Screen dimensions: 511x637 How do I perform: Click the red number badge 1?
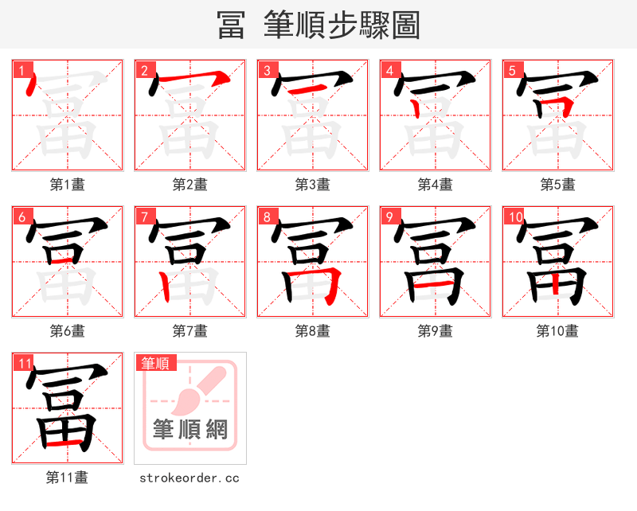pos(21,70)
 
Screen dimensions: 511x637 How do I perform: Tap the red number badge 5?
pos(512,70)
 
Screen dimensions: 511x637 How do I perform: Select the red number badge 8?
pos(267,216)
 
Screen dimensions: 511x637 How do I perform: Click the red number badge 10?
pos(514,216)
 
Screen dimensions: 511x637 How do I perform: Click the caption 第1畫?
pos(67,185)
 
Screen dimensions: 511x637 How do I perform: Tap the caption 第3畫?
pos(312,185)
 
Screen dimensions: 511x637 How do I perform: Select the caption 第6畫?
pos(67,331)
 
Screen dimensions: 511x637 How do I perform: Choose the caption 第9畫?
pos(435,331)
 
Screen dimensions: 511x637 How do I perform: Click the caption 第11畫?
pos(67,478)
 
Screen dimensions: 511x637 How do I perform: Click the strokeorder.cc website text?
pos(190,478)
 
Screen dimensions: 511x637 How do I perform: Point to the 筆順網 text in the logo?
pos(190,430)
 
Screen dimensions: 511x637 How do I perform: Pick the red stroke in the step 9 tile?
pos(435,283)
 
